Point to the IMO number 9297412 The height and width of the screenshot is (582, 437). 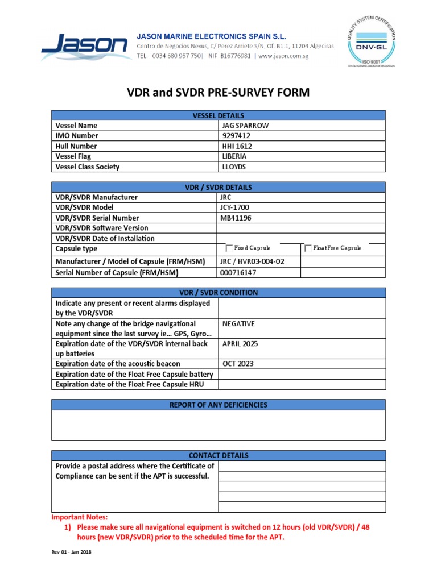coord(236,136)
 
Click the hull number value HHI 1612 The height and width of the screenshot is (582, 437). coord(237,146)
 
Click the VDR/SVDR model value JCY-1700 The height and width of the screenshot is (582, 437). coord(234,207)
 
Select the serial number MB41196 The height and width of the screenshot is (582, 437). coord(235,218)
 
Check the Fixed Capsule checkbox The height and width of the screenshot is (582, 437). coord(229,248)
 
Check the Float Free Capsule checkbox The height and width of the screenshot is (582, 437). coord(308,248)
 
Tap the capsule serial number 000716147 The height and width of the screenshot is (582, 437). coord(238,273)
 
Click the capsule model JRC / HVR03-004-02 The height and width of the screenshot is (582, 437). coord(252,261)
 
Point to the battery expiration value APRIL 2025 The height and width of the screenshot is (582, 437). coord(240,344)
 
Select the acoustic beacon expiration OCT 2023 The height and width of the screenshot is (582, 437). coord(237,364)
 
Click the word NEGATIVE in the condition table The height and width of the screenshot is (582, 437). coord(238,323)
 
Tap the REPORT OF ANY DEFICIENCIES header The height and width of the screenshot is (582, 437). coord(218,405)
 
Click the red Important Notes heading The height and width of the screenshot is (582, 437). coord(79,517)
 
